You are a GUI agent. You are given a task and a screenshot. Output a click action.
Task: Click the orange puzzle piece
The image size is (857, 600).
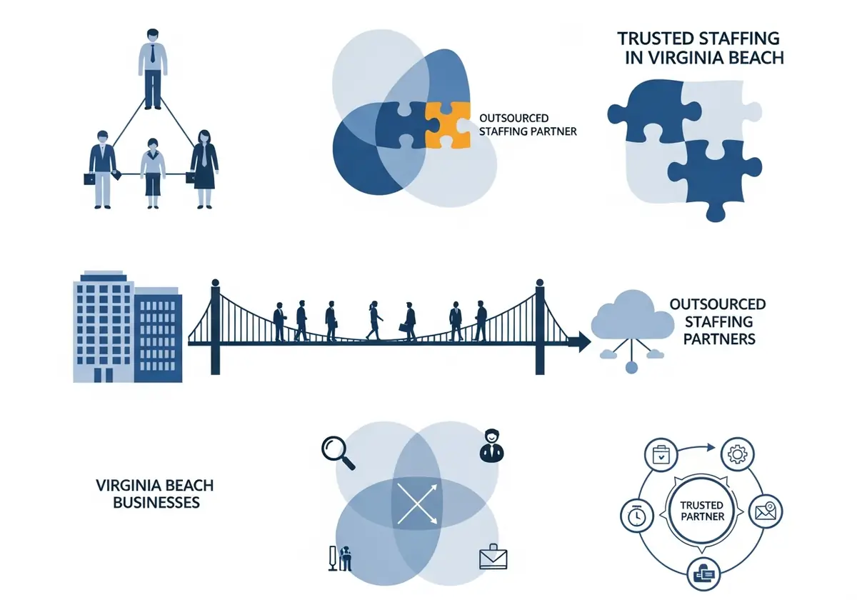[447, 125]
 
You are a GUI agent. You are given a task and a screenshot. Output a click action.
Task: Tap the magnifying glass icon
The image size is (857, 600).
[338, 454]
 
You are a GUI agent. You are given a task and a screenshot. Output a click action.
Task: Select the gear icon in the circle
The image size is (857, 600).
[737, 454]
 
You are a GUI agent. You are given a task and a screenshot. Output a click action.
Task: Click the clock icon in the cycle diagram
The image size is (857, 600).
[637, 516]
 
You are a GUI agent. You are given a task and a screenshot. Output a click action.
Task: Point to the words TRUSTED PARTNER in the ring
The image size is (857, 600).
[701, 511]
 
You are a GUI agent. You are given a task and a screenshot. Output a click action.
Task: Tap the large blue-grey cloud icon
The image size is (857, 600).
[632, 315]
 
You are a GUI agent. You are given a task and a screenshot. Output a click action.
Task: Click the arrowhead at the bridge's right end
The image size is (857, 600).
[583, 341]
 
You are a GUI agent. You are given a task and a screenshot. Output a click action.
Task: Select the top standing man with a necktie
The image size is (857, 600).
[153, 69]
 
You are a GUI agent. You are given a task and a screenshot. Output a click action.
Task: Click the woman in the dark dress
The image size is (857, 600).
[204, 169]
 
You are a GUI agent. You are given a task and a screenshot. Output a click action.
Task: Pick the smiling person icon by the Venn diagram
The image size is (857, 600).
[491, 446]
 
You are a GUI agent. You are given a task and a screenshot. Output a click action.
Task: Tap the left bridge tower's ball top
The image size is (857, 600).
[216, 282]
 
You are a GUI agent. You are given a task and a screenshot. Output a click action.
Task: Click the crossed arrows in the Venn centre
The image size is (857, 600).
[417, 503]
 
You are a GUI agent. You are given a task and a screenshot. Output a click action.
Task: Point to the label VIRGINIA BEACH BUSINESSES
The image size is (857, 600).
[155, 494]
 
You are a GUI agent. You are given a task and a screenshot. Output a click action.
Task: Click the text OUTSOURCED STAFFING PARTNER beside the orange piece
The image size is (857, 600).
[528, 125]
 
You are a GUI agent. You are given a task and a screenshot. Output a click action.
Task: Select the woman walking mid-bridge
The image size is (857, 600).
[374, 320]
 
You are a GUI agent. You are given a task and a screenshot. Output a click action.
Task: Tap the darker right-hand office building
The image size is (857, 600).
[158, 335]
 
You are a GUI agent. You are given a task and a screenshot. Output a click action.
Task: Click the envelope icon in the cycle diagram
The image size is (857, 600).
[766, 511]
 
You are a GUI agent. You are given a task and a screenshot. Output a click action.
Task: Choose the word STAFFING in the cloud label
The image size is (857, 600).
[718, 322]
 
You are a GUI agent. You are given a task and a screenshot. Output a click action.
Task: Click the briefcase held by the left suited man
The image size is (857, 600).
[89, 179]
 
